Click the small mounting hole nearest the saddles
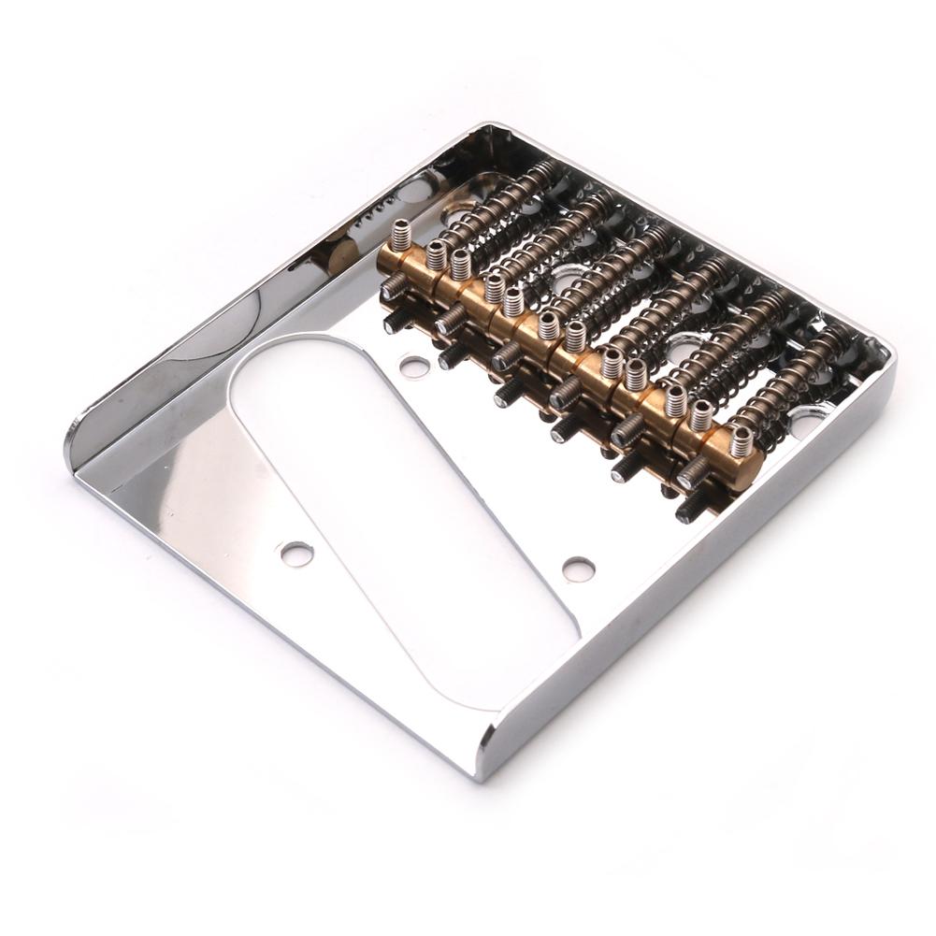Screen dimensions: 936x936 (x=414, y=367)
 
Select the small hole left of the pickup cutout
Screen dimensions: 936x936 (x=297, y=554)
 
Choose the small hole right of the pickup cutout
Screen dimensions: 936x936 (x=578, y=569)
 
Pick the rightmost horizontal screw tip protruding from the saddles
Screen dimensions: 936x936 (x=690, y=509)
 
